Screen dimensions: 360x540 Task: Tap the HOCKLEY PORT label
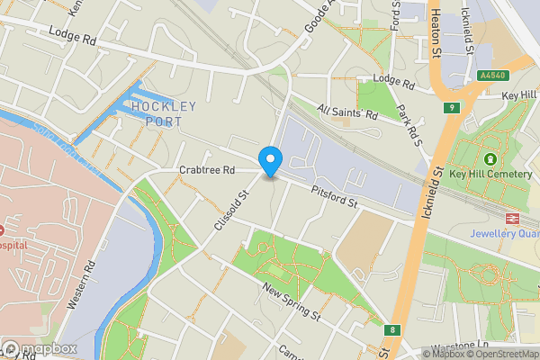164,113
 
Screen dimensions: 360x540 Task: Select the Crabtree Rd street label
206,170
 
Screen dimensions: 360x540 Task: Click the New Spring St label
292,301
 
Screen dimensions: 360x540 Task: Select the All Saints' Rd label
346,112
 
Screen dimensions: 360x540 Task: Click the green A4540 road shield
491,76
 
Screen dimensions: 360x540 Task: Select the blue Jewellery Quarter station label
504,234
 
